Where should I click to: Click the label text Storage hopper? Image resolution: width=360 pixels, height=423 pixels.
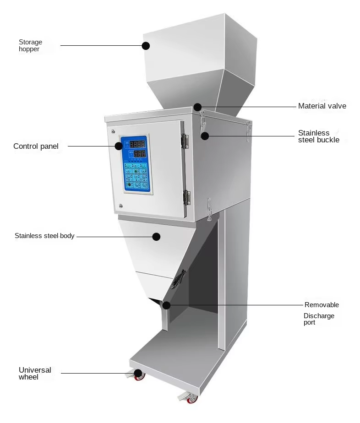[x=30, y=46]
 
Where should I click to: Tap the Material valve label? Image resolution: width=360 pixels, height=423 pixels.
[x=322, y=106]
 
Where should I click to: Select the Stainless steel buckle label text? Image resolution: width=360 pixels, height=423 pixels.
[x=319, y=136]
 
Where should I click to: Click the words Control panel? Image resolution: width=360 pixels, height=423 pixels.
[x=36, y=146]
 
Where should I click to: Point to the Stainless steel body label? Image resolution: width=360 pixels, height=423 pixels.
[x=44, y=236]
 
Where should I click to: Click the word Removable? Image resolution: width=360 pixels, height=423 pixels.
[x=322, y=305]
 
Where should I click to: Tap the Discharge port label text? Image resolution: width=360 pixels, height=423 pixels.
[x=319, y=319]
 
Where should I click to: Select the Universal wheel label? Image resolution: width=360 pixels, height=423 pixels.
[x=35, y=374]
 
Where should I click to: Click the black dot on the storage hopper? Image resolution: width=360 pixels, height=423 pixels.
[x=146, y=46]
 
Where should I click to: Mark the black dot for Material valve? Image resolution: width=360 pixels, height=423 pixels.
[x=197, y=107]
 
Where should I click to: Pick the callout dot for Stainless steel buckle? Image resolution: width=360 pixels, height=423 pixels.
[x=205, y=136]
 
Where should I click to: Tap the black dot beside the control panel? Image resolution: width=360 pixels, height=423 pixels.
[x=119, y=146]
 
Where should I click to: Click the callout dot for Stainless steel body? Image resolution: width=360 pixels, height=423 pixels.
[x=156, y=237]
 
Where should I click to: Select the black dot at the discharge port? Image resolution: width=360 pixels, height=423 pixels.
[x=166, y=305]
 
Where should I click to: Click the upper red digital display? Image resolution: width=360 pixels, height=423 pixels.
[x=137, y=144]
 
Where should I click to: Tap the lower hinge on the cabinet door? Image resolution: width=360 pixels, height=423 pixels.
[x=186, y=197]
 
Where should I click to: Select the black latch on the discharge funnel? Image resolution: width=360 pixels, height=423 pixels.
[x=179, y=279]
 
